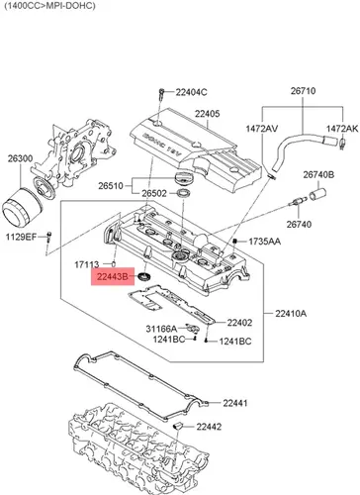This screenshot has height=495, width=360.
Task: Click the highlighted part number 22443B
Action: tap(112, 277)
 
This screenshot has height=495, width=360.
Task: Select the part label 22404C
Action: tap(191, 92)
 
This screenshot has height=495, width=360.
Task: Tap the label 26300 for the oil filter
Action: tap(21, 158)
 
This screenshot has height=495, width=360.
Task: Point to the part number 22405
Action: tap(207, 114)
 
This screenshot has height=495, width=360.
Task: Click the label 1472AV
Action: tap(262, 129)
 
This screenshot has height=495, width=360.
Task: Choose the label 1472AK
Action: tap(342, 129)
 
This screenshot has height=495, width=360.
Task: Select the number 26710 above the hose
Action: tap(303, 91)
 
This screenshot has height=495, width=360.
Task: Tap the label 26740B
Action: tap(318, 174)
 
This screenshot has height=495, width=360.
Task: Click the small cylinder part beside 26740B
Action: tap(318, 193)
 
